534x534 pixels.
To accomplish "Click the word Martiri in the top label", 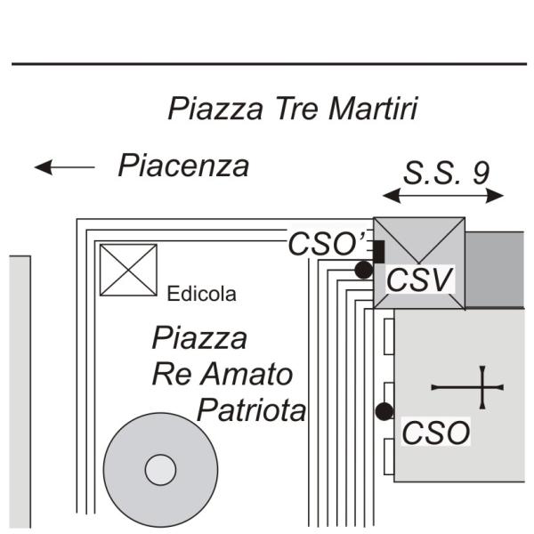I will click(x=373, y=109).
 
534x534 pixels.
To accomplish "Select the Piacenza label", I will click(x=183, y=166).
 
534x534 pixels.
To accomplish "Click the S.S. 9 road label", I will click(x=445, y=173).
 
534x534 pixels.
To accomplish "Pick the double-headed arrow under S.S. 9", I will click(x=442, y=196).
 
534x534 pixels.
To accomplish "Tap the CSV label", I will click(x=419, y=279).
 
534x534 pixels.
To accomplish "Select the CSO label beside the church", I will click(x=435, y=433).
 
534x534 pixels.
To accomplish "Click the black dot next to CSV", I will click(x=363, y=270).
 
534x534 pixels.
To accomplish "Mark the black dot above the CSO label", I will click(x=384, y=411).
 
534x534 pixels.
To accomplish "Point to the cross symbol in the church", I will click(x=481, y=387).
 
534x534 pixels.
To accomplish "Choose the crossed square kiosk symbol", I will click(x=127, y=270).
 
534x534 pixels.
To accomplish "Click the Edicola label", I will click(x=202, y=294).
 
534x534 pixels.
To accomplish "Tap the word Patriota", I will click(x=251, y=411).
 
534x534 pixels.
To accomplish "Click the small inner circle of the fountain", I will click(x=160, y=470).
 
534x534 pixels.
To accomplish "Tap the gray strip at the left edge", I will click(x=20, y=392).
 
